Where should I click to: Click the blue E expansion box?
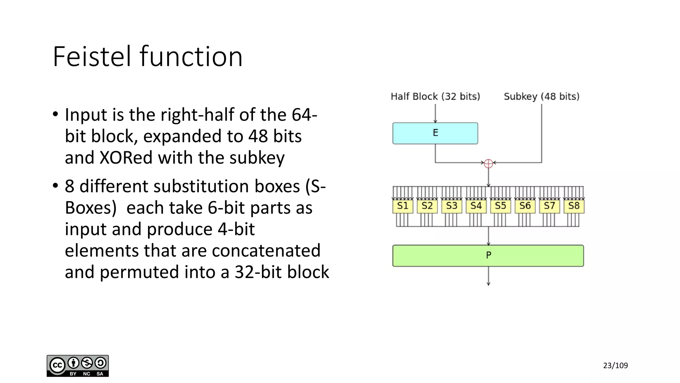coord(435,133)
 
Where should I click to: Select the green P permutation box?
coord(488,255)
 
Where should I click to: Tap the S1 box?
coord(402,206)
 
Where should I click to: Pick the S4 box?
coord(476,206)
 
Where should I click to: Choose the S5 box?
coord(500,206)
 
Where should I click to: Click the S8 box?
coord(574,206)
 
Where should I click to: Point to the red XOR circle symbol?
coord(488,163)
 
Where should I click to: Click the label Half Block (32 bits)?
coord(435,96)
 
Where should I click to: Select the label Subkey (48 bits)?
coord(542,96)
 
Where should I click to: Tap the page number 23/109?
coord(615,365)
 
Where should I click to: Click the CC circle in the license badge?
coord(57,365)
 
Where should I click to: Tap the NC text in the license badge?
coord(87,374)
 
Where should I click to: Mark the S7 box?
coord(549,206)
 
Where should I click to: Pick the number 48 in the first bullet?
coord(258,136)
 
